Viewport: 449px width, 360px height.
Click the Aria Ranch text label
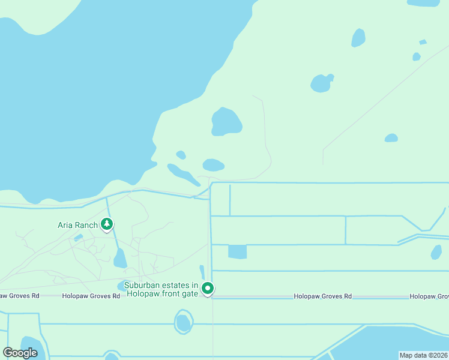click(x=77, y=225)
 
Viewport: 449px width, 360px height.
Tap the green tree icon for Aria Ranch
click(x=107, y=224)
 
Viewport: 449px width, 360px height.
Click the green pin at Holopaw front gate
click(x=208, y=289)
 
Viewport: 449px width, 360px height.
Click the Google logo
click(x=20, y=353)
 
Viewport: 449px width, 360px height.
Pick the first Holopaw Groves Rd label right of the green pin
click(x=322, y=296)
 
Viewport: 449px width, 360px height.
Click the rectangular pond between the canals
click(x=237, y=252)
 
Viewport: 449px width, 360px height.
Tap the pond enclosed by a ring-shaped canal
click(x=183, y=323)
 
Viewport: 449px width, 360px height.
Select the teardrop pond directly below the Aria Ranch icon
click(x=120, y=259)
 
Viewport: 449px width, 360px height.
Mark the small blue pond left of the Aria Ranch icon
click(x=78, y=237)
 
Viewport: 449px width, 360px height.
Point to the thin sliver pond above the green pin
click(x=202, y=272)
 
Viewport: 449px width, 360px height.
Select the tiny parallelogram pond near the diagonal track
click(x=423, y=42)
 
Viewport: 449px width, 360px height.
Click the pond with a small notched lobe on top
click(x=321, y=83)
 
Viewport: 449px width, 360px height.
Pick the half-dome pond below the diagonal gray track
click(x=391, y=138)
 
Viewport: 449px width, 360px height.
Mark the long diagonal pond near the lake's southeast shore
click(x=183, y=174)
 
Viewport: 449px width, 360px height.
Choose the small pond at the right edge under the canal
click(x=436, y=253)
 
